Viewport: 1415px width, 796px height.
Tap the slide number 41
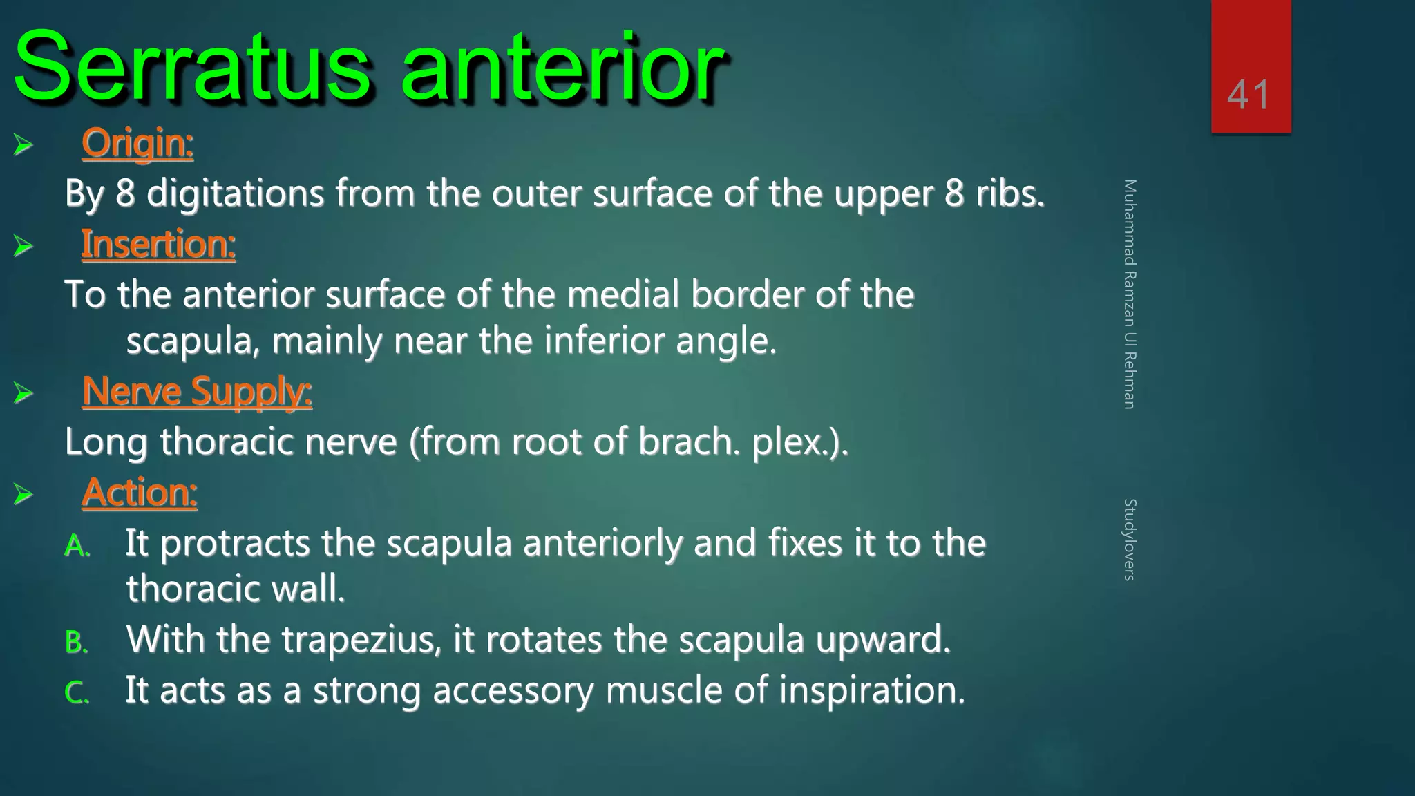coord(1248,95)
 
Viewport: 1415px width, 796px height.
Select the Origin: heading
coord(137,143)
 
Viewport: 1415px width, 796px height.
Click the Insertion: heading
coord(158,245)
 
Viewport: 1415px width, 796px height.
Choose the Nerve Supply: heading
coord(197,392)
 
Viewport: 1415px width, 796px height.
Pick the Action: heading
coord(140,493)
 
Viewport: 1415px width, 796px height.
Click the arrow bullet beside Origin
coord(23,144)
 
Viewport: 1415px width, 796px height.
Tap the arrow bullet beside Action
coord(23,494)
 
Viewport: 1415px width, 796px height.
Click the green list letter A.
coord(75,547)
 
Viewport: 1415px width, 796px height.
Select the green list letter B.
coord(75,643)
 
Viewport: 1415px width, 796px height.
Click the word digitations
coord(235,193)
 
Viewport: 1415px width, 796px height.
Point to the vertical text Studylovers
coord(1130,539)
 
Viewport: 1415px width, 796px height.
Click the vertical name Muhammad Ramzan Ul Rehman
coord(1130,294)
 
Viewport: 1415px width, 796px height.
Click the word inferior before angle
coord(604,341)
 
